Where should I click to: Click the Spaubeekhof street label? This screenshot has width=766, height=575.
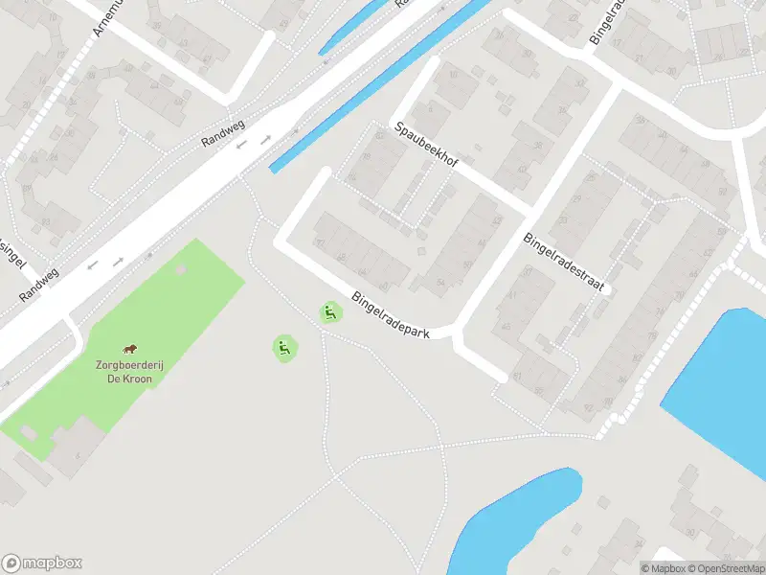click(x=426, y=146)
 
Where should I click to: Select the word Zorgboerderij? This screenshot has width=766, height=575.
click(x=124, y=365)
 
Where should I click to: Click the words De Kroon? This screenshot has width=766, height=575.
click(x=129, y=379)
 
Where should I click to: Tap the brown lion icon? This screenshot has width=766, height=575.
click(x=129, y=349)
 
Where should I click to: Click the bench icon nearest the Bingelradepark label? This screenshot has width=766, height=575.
click(x=330, y=311)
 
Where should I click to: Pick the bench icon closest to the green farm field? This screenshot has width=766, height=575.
click(x=283, y=348)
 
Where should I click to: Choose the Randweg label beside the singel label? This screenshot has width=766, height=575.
click(x=38, y=284)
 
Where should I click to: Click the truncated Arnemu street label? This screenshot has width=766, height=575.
click(x=106, y=16)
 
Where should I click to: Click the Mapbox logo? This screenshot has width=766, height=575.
click(x=42, y=563)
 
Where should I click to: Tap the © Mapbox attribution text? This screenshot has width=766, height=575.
click(x=660, y=568)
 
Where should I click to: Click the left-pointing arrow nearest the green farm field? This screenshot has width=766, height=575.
click(x=93, y=265)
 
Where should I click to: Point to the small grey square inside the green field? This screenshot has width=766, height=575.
click(x=180, y=269)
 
